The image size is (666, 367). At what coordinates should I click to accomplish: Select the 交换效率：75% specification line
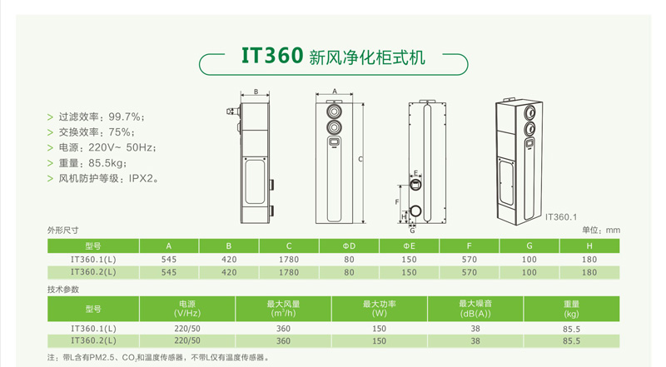tap(95, 132)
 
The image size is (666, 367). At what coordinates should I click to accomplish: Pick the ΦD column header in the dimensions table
tap(349, 246)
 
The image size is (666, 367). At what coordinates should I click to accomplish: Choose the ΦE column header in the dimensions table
tap(409, 246)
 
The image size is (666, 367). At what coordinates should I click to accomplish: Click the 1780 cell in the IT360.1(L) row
tap(289, 260)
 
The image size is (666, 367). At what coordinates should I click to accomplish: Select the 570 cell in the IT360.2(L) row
tap(469, 272)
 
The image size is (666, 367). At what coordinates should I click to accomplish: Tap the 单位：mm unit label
tap(601, 230)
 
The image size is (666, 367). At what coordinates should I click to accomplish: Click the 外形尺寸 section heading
tap(63, 230)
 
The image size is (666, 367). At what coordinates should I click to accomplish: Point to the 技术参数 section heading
tap(63, 289)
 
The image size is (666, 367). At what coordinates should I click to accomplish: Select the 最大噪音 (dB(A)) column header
tap(475, 309)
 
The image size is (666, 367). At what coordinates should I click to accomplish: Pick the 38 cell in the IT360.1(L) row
tap(475, 329)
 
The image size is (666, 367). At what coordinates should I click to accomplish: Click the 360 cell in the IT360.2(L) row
tap(283, 341)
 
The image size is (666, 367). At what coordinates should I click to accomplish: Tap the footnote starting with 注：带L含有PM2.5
tap(158, 358)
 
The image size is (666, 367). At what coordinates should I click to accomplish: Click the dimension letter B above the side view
tap(256, 92)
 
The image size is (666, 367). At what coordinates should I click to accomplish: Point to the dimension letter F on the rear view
tap(397, 201)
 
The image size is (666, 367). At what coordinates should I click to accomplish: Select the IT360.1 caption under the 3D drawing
tap(561, 216)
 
